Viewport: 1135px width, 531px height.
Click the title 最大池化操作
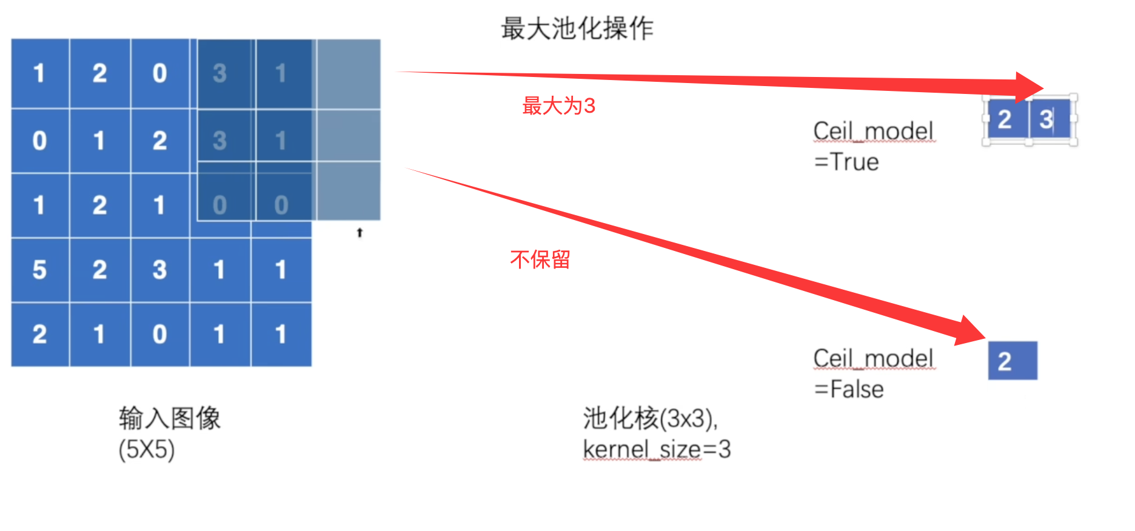[577, 28]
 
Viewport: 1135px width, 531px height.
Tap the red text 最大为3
[558, 106]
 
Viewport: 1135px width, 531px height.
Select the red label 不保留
[540, 259]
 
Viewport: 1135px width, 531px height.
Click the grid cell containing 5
[40, 270]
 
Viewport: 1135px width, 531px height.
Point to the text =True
[846, 162]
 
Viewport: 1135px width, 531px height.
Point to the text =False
[849, 389]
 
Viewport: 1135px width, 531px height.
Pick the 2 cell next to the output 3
[1005, 119]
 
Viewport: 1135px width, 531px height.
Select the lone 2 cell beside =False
[1012, 361]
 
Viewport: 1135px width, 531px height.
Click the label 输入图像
[170, 418]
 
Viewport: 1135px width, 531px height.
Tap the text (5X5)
[147, 450]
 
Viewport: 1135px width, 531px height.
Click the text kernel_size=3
[657, 450]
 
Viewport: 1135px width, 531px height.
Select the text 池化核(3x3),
[650, 418]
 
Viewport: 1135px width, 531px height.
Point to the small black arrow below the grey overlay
[360, 232]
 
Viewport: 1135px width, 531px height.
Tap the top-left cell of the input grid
[40, 73]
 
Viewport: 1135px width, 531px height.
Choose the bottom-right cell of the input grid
[281, 334]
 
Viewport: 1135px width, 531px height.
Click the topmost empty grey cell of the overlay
[349, 73]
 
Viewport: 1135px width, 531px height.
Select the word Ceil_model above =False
[873, 358]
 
